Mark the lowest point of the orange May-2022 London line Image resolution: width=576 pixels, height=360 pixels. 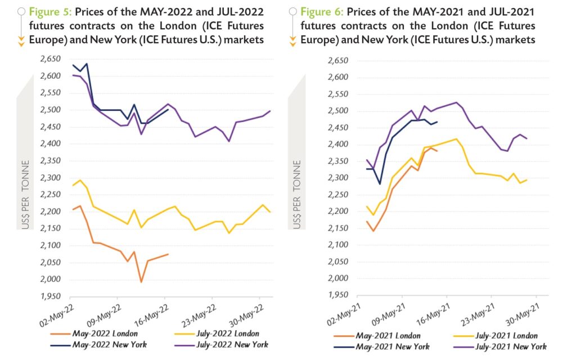pos(141,282)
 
